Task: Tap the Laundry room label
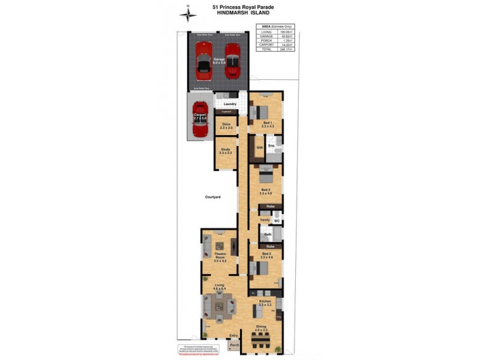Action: click(230, 104)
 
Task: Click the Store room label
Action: click(226, 124)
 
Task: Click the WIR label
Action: click(260, 146)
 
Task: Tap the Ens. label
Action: click(272, 145)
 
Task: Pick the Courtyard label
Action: click(213, 197)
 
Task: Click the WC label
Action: click(277, 220)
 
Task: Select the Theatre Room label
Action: click(220, 257)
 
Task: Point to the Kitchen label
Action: click(265, 301)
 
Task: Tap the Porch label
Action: click(235, 345)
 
